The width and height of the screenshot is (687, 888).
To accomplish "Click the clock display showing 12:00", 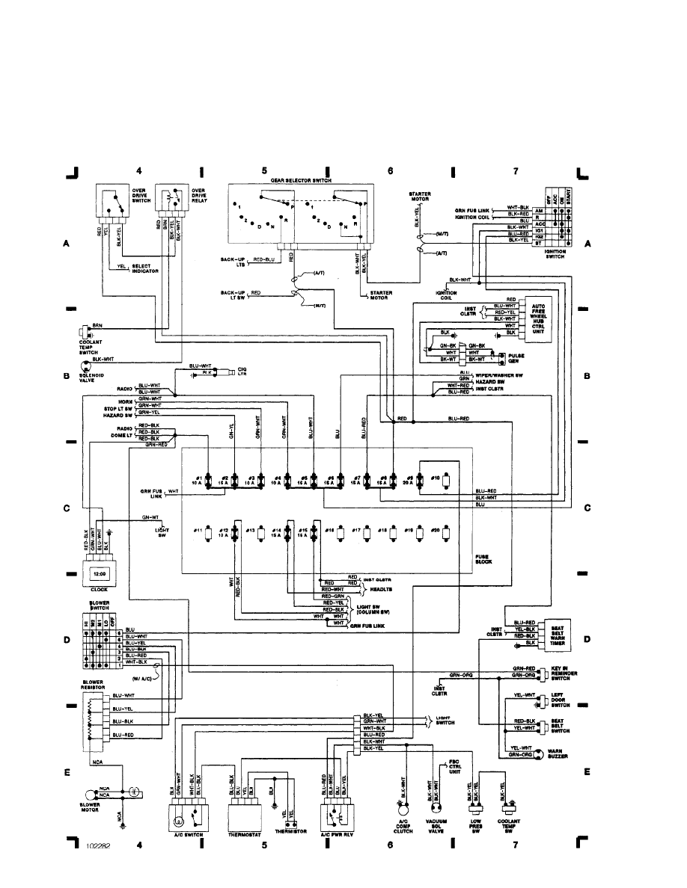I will tap(100, 574).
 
